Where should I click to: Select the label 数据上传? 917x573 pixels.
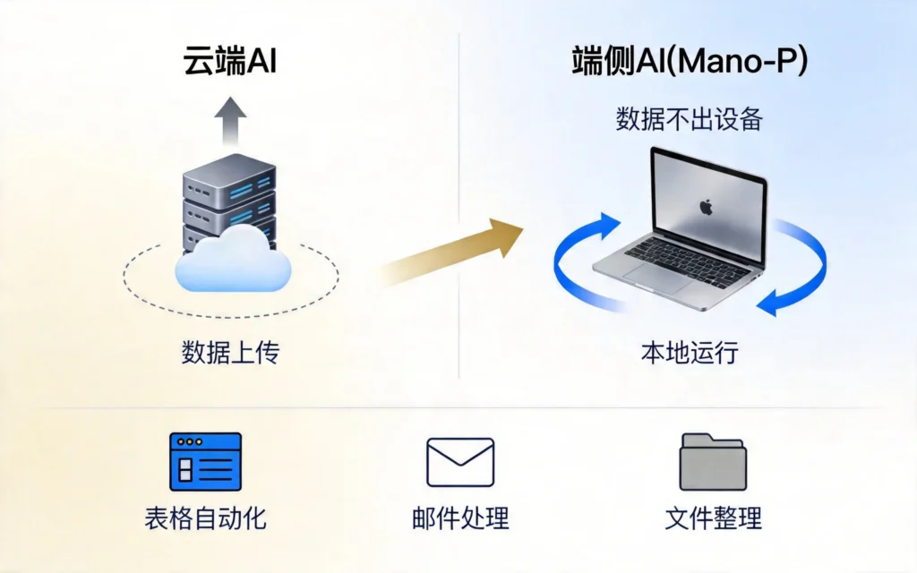point(230,352)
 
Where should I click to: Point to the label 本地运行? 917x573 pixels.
point(689,352)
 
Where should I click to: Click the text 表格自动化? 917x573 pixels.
point(205,518)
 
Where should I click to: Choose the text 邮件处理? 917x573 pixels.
point(460,518)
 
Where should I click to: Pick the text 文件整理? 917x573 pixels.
point(713,518)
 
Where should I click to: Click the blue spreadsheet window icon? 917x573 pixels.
point(205,461)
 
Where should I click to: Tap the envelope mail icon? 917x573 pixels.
point(460,462)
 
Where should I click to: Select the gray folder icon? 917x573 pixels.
point(713,462)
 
